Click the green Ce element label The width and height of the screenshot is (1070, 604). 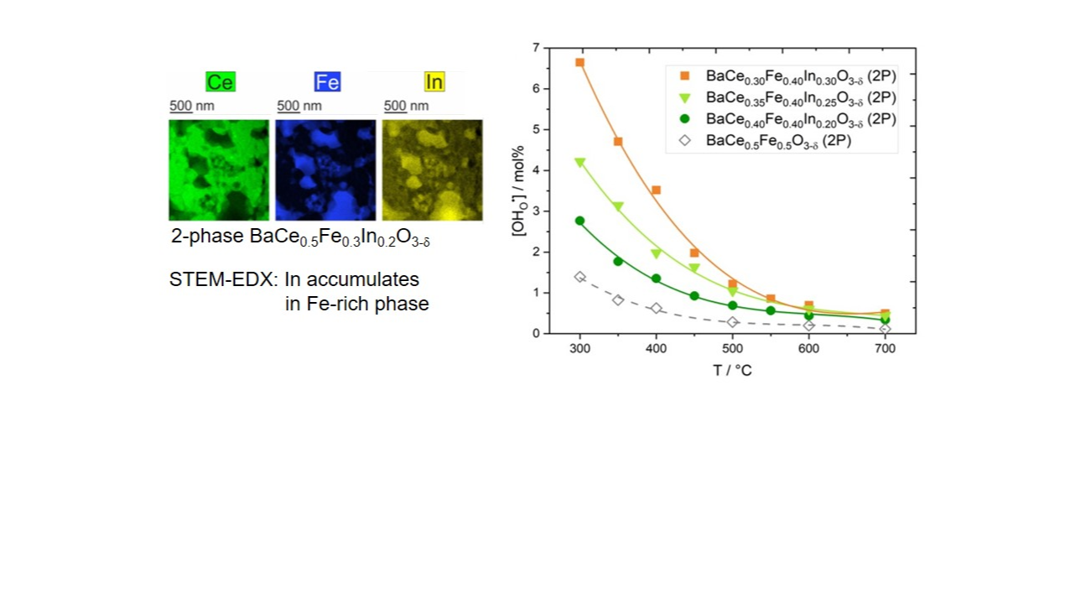(x=221, y=81)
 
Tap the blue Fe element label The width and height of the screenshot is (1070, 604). (x=327, y=81)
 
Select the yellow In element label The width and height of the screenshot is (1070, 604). (x=434, y=81)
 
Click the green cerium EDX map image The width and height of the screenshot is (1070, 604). (x=219, y=169)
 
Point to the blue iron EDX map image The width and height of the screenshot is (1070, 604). (x=325, y=169)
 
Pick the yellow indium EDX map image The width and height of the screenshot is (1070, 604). (x=432, y=169)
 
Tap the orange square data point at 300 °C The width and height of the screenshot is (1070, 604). (x=579, y=63)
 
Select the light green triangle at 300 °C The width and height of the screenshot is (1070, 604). (x=579, y=163)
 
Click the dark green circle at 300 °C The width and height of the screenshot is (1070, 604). (x=579, y=221)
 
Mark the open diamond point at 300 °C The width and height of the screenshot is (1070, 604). (x=579, y=277)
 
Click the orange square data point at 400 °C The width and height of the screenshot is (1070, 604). (x=656, y=190)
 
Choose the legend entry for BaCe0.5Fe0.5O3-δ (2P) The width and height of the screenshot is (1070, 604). (x=777, y=141)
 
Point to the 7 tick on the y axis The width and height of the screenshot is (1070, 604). (x=536, y=48)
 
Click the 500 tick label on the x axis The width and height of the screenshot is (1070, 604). (x=732, y=349)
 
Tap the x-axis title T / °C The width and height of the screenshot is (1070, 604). (x=732, y=370)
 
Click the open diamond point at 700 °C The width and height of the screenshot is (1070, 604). (x=885, y=328)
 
